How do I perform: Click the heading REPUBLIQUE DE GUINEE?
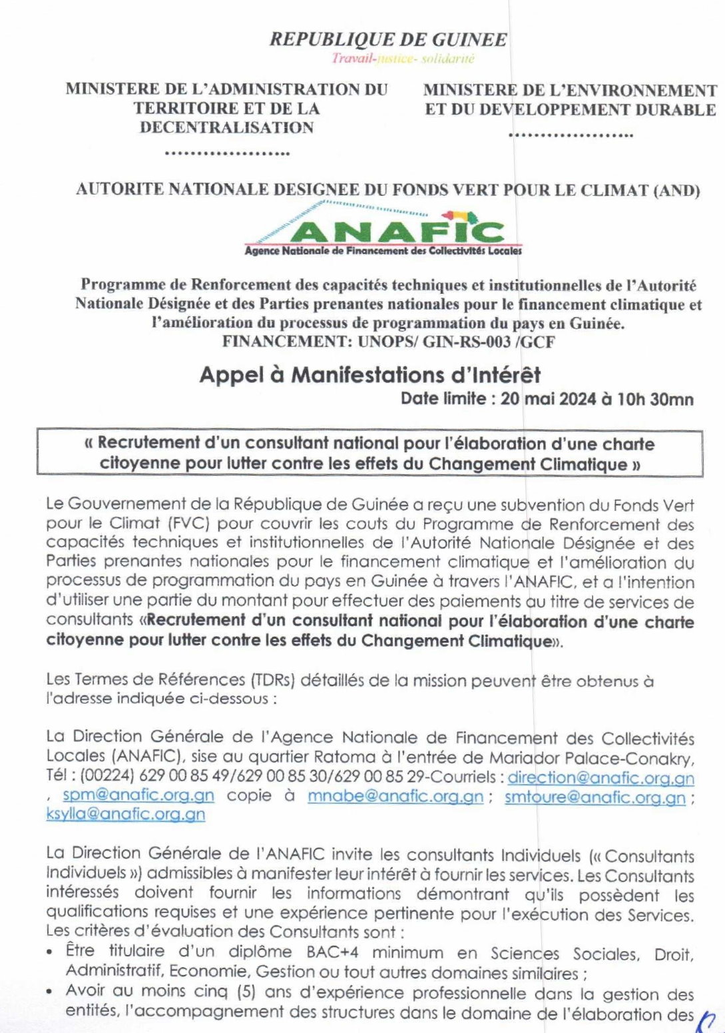(388, 39)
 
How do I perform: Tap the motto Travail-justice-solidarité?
(403, 59)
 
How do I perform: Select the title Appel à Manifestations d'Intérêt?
(370, 375)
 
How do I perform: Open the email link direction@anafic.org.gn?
(601, 778)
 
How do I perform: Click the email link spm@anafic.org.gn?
(138, 796)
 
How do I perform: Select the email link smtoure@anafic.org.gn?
(595, 797)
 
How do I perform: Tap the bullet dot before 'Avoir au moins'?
(51, 992)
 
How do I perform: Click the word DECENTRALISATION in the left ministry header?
(226, 128)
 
